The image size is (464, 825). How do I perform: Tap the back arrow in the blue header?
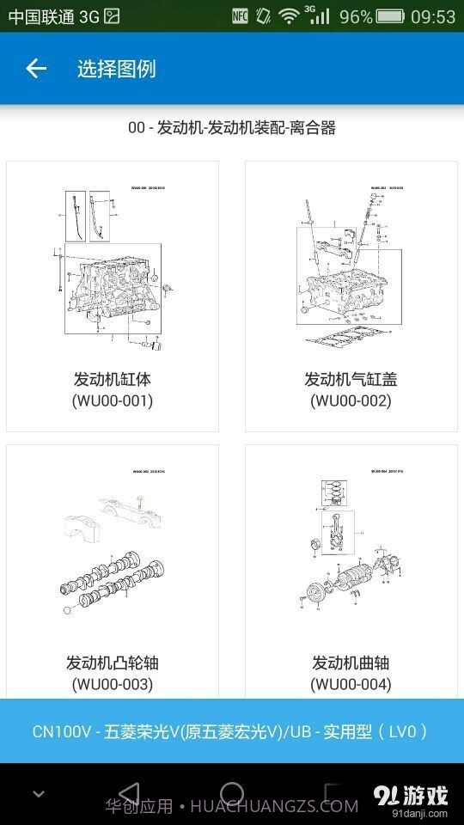click(x=35, y=69)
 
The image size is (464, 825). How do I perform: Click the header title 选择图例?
click(x=117, y=69)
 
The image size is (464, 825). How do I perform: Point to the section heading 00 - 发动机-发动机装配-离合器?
click(x=231, y=128)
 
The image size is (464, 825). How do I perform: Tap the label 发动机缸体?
click(x=113, y=379)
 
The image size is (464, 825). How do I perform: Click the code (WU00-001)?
click(x=113, y=400)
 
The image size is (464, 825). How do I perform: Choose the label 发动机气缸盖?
click(x=351, y=379)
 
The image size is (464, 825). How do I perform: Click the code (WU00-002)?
click(x=351, y=400)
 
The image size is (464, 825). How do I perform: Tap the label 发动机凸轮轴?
click(x=113, y=663)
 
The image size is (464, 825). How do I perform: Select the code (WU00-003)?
click(x=113, y=684)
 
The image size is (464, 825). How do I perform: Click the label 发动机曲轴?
click(x=351, y=663)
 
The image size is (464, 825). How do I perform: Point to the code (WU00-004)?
click(x=351, y=684)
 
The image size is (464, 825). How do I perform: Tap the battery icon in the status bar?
click(x=390, y=16)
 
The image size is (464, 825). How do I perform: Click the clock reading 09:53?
click(x=433, y=16)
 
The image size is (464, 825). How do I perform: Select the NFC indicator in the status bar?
click(x=241, y=15)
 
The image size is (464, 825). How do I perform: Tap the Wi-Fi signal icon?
click(x=290, y=16)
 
